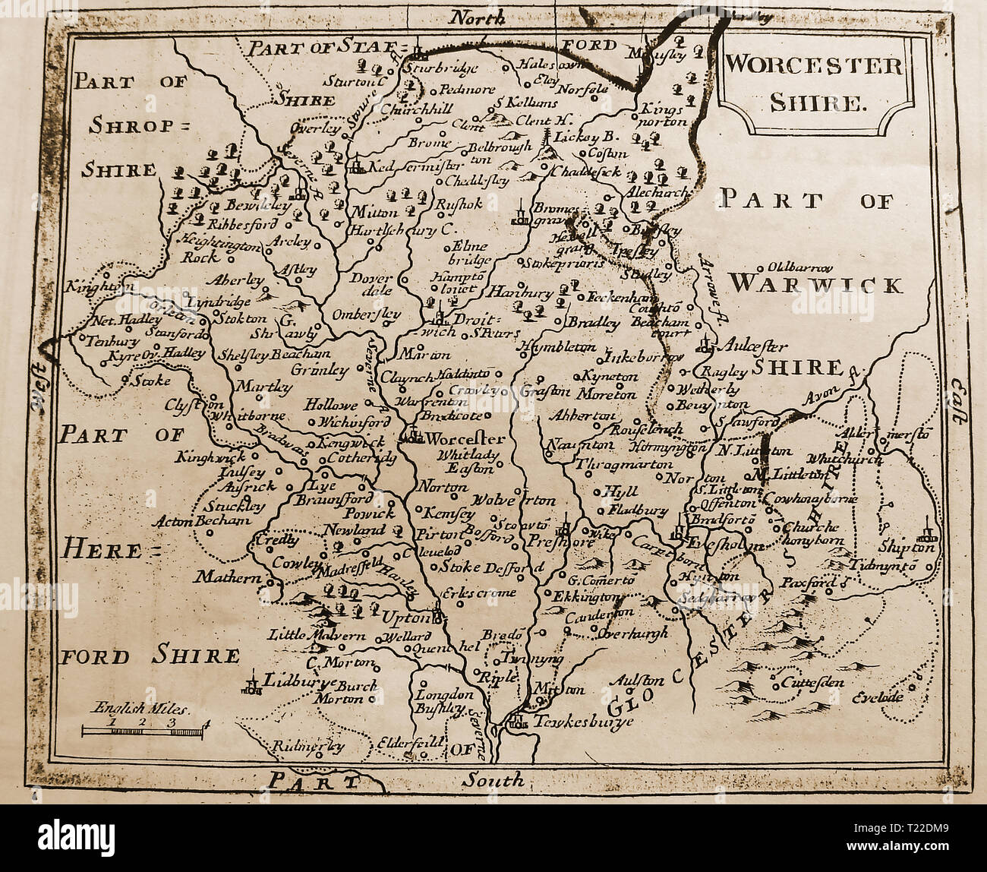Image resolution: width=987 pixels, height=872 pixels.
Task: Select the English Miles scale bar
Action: [x=143, y=731]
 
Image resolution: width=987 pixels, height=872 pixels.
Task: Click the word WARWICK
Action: [x=816, y=285]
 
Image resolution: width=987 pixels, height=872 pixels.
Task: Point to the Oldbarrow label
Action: [x=800, y=267]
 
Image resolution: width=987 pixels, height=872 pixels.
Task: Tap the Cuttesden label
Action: [x=812, y=681]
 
